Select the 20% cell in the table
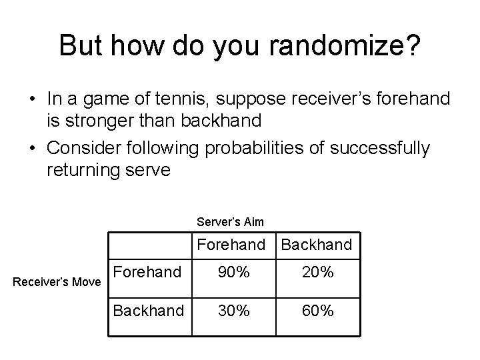pos(317,273)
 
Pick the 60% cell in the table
pos(317,311)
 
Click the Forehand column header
pos(231,245)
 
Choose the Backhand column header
pos(317,245)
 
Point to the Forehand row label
pos(147,272)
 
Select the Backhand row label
pos(148,310)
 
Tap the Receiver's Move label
pos(57,283)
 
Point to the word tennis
pos(205,100)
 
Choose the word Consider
pos(81,148)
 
